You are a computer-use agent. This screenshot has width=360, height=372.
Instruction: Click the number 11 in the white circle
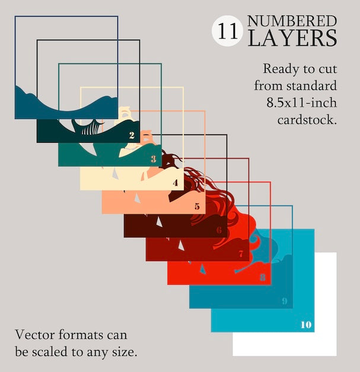[228, 31]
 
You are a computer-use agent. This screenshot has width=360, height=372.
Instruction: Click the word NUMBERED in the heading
[292, 21]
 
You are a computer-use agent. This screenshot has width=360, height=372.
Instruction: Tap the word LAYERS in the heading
[292, 38]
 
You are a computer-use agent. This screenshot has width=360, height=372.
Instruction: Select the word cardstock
[307, 120]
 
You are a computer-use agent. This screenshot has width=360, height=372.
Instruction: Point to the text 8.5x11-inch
[302, 103]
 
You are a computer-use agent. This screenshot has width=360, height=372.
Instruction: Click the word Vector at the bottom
[34, 335]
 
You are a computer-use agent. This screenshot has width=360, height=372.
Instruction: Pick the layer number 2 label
[132, 135]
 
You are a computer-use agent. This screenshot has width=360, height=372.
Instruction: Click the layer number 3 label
[154, 159]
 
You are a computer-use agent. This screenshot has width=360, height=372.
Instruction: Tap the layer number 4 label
[176, 182]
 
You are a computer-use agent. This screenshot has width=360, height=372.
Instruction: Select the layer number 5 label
[197, 206]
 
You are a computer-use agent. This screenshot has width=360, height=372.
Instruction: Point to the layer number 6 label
[219, 230]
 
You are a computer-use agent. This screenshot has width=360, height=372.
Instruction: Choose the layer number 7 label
[241, 254]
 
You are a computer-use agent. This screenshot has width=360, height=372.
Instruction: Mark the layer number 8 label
[263, 277]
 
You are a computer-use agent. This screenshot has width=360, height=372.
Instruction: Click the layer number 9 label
[285, 301]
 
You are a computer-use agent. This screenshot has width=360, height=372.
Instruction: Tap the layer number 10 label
[306, 325]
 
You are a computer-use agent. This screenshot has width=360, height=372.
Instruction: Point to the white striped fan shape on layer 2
[90, 129]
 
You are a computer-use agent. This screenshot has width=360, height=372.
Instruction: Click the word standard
[311, 86]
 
